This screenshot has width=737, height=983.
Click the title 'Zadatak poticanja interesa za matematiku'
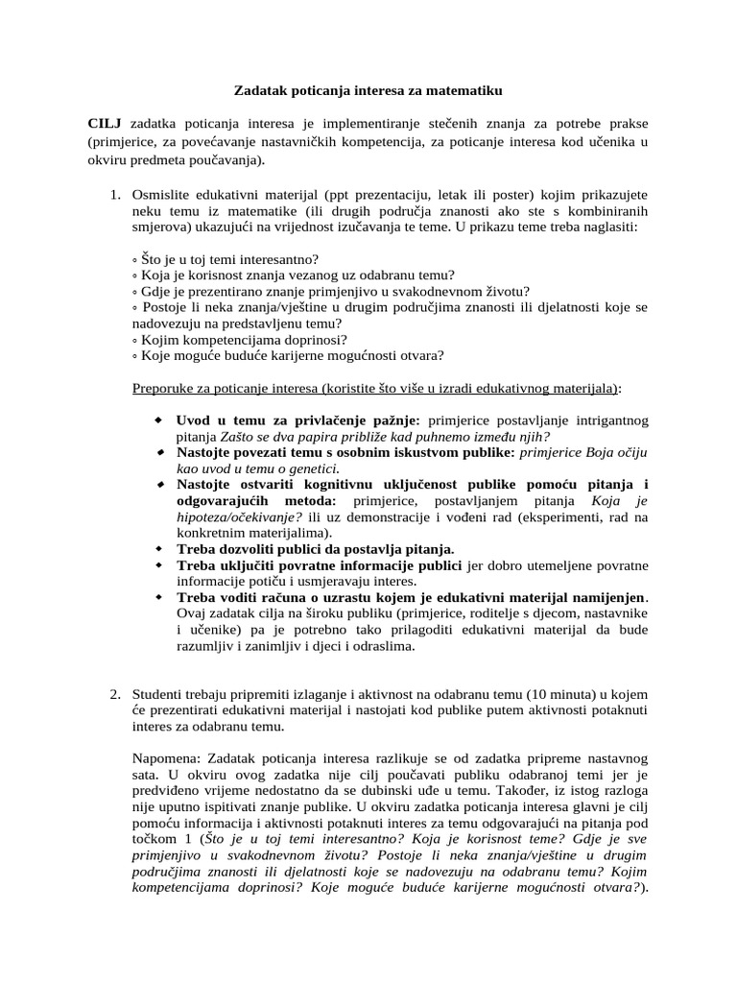tap(368, 91)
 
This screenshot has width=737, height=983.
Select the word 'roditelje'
tap(471, 613)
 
